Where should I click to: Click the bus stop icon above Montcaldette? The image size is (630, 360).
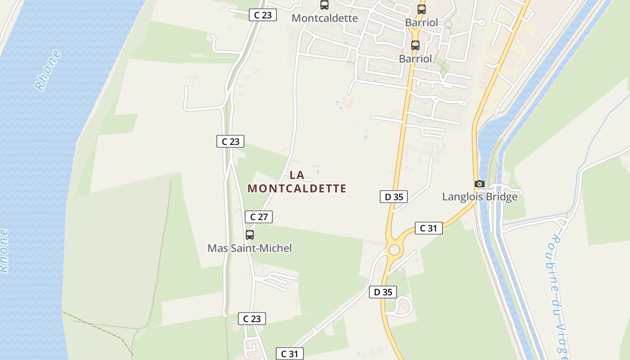point(324,5)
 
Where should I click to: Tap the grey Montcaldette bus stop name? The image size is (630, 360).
point(324,18)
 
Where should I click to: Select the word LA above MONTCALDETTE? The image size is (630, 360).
point(297,175)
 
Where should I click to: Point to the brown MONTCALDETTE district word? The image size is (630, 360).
point(297,189)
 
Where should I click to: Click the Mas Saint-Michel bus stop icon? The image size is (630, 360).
point(249,234)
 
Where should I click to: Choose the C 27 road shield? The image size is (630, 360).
point(258,217)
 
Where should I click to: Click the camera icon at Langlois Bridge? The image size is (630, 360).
point(480,184)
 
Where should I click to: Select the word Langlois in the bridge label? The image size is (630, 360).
point(461,197)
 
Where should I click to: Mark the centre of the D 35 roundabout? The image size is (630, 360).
point(394,250)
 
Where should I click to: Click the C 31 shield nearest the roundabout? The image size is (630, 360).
point(428,228)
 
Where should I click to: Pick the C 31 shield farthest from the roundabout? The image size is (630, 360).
point(290,354)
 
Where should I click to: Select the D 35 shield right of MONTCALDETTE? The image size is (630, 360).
point(394,197)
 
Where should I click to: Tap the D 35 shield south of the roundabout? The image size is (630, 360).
point(383,292)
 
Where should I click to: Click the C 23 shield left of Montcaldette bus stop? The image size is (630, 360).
point(263,15)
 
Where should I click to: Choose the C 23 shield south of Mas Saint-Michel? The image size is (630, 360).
point(252,319)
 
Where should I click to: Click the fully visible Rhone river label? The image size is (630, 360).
point(48,71)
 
